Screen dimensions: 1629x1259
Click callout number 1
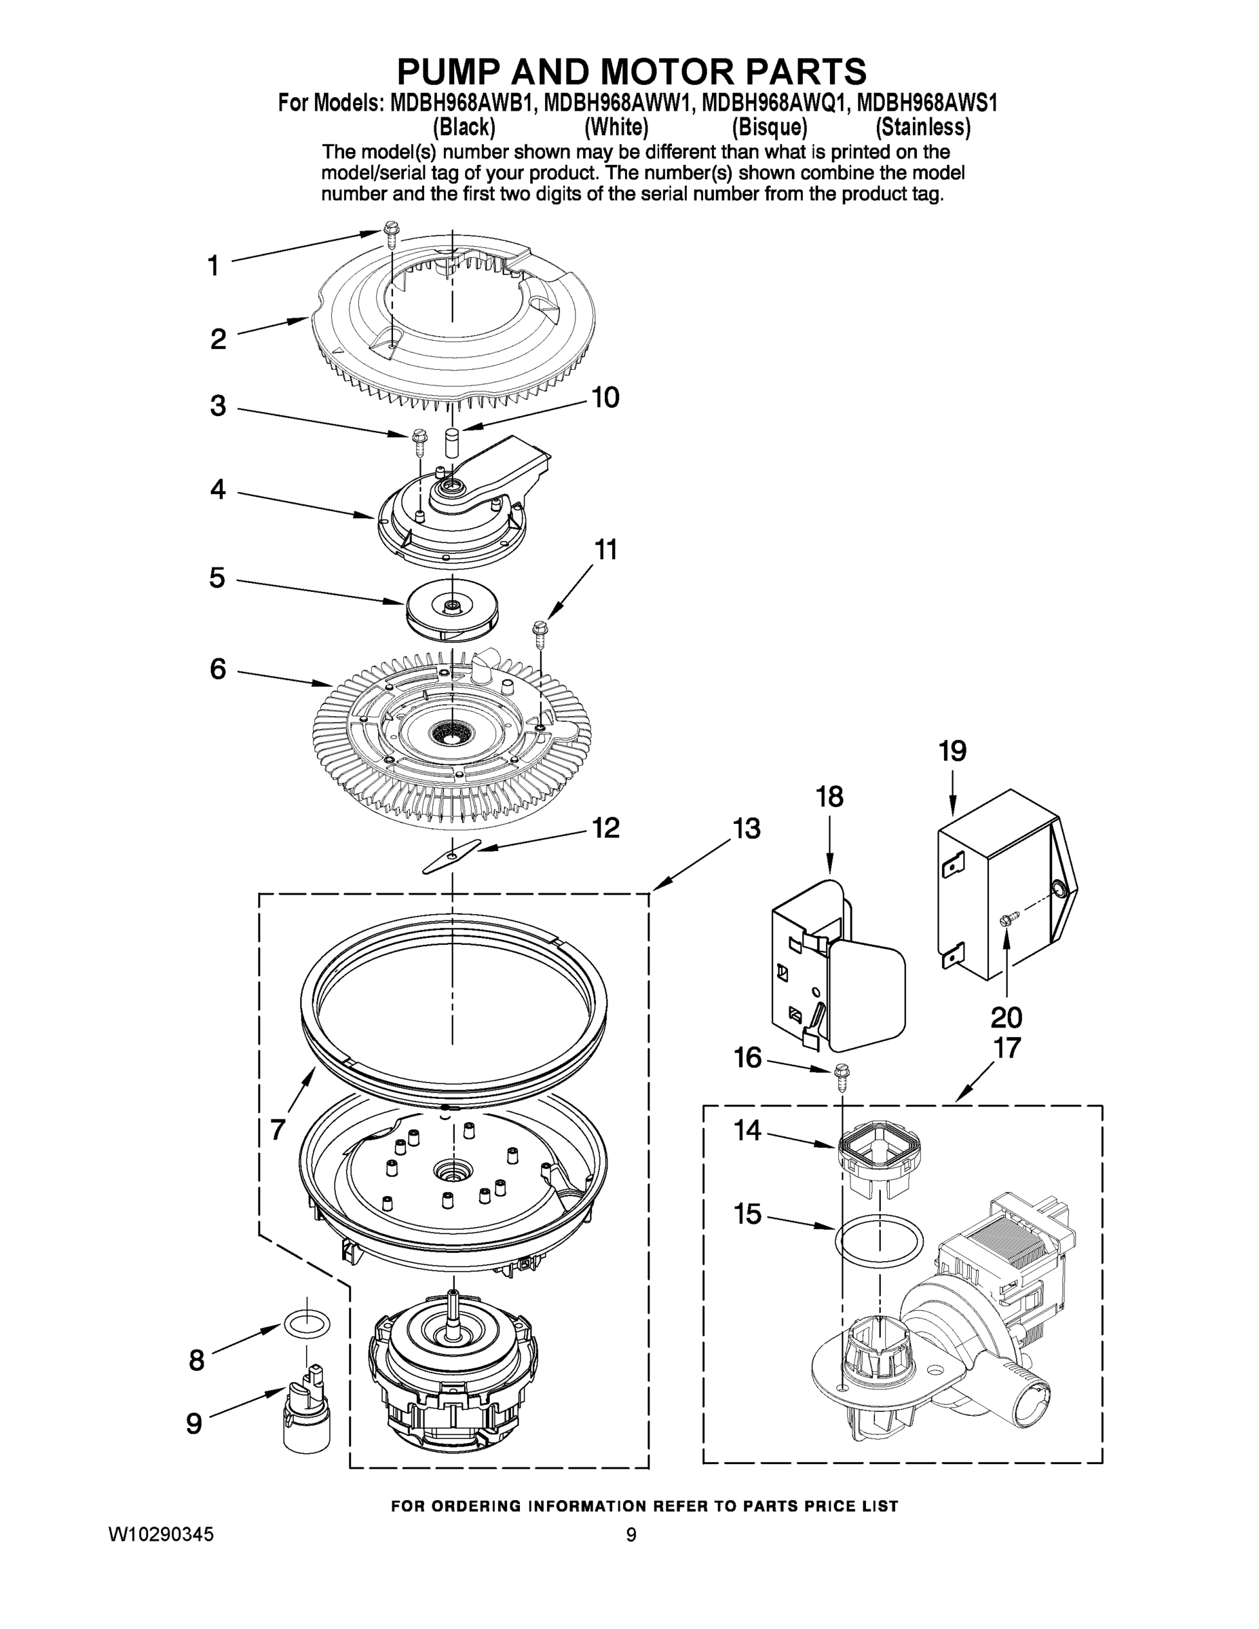[x=213, y=265]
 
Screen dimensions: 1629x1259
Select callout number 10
[x=605, y=398]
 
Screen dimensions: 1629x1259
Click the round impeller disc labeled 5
[x=452, y=608]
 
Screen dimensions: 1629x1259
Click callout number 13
[x=746, y=829]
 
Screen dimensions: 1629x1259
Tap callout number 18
[x=829, y=797]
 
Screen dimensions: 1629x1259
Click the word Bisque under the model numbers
[x=769, y=128]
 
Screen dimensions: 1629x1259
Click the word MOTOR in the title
[x=663, y=71]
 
